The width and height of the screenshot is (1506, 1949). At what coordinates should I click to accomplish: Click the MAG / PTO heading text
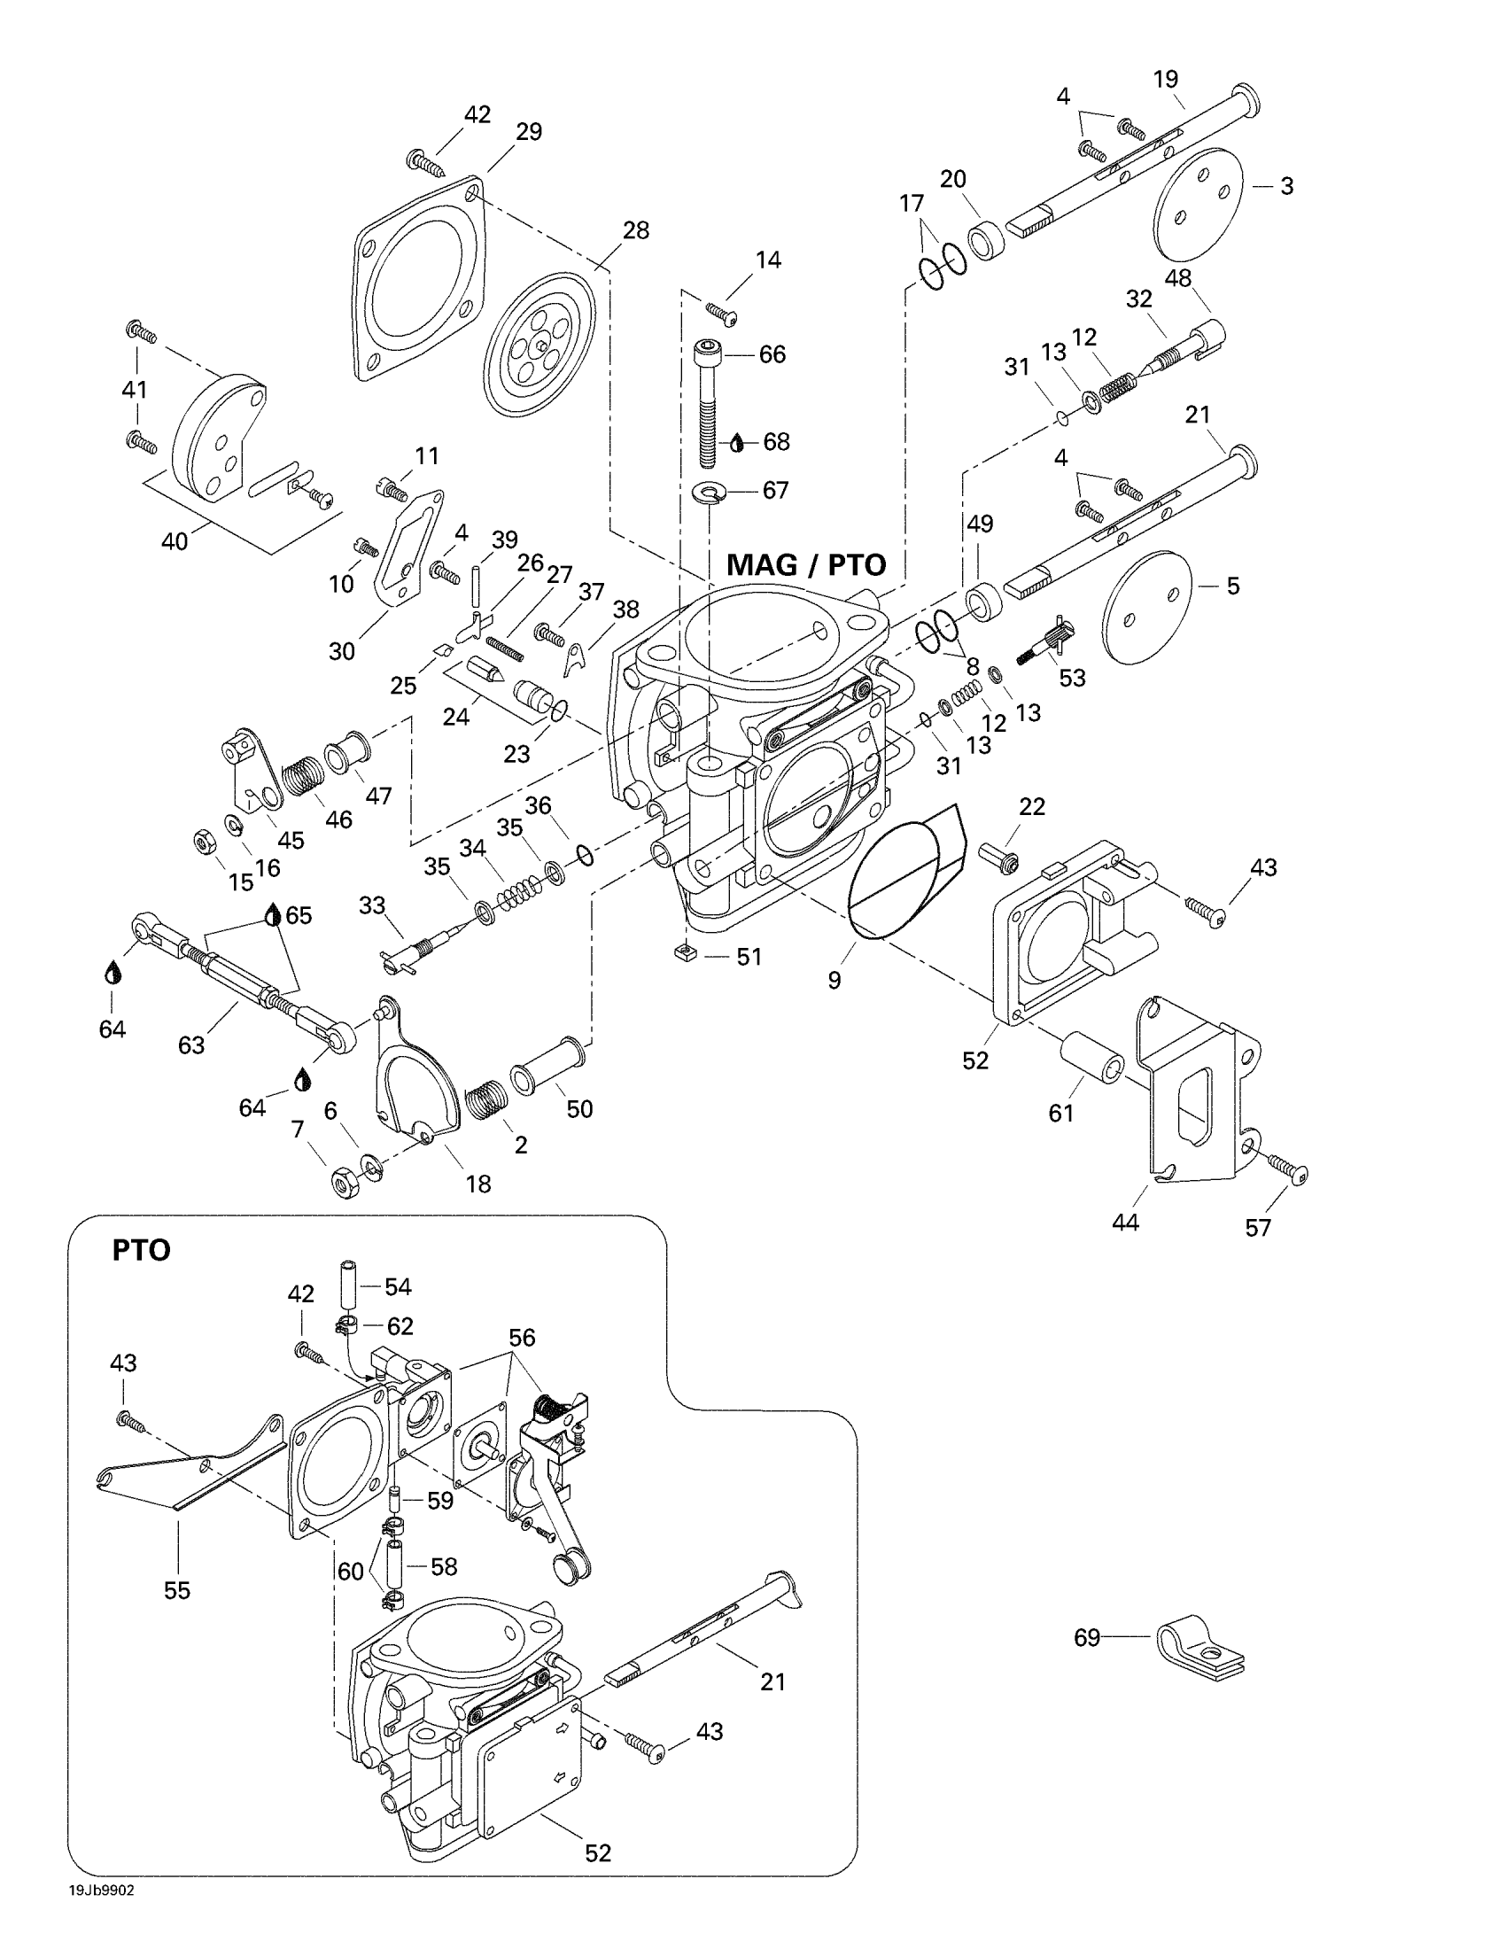pyautogui.click(x=805, y=565)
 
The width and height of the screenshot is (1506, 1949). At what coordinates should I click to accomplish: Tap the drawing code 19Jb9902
pyautogui.click(x=102, y=1891)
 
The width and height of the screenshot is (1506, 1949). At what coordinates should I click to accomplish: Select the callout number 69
pyautogui.click(x=1086, y=1637)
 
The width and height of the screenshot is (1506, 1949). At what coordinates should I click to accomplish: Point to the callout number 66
pyautogui.click(x=772, y=354)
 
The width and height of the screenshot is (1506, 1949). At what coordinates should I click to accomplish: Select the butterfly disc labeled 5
pyautogui.click(x=1146, y=606)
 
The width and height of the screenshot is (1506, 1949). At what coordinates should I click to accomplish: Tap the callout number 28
pyautogui.click(x=635, y=230)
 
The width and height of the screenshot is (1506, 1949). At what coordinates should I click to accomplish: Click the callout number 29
pyautogui.click(x=529, y=132)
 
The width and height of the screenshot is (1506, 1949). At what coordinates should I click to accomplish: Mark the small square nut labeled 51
pyautogui.click(x=685, y=956)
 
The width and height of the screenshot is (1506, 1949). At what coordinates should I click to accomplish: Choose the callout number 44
pyautogui.click(x=1125, y=1222)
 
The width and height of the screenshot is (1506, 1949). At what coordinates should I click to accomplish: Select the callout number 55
pyautogui.click(x=176, y=1590)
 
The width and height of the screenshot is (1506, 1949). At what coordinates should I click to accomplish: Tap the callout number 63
pyautogui.click(x=191, y=1044)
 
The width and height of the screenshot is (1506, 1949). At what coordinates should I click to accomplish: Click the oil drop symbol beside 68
pyautogui.click(x=737, y=443)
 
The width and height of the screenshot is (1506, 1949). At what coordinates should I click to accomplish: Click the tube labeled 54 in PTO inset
pyautogui.click(x=347, y=1287)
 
